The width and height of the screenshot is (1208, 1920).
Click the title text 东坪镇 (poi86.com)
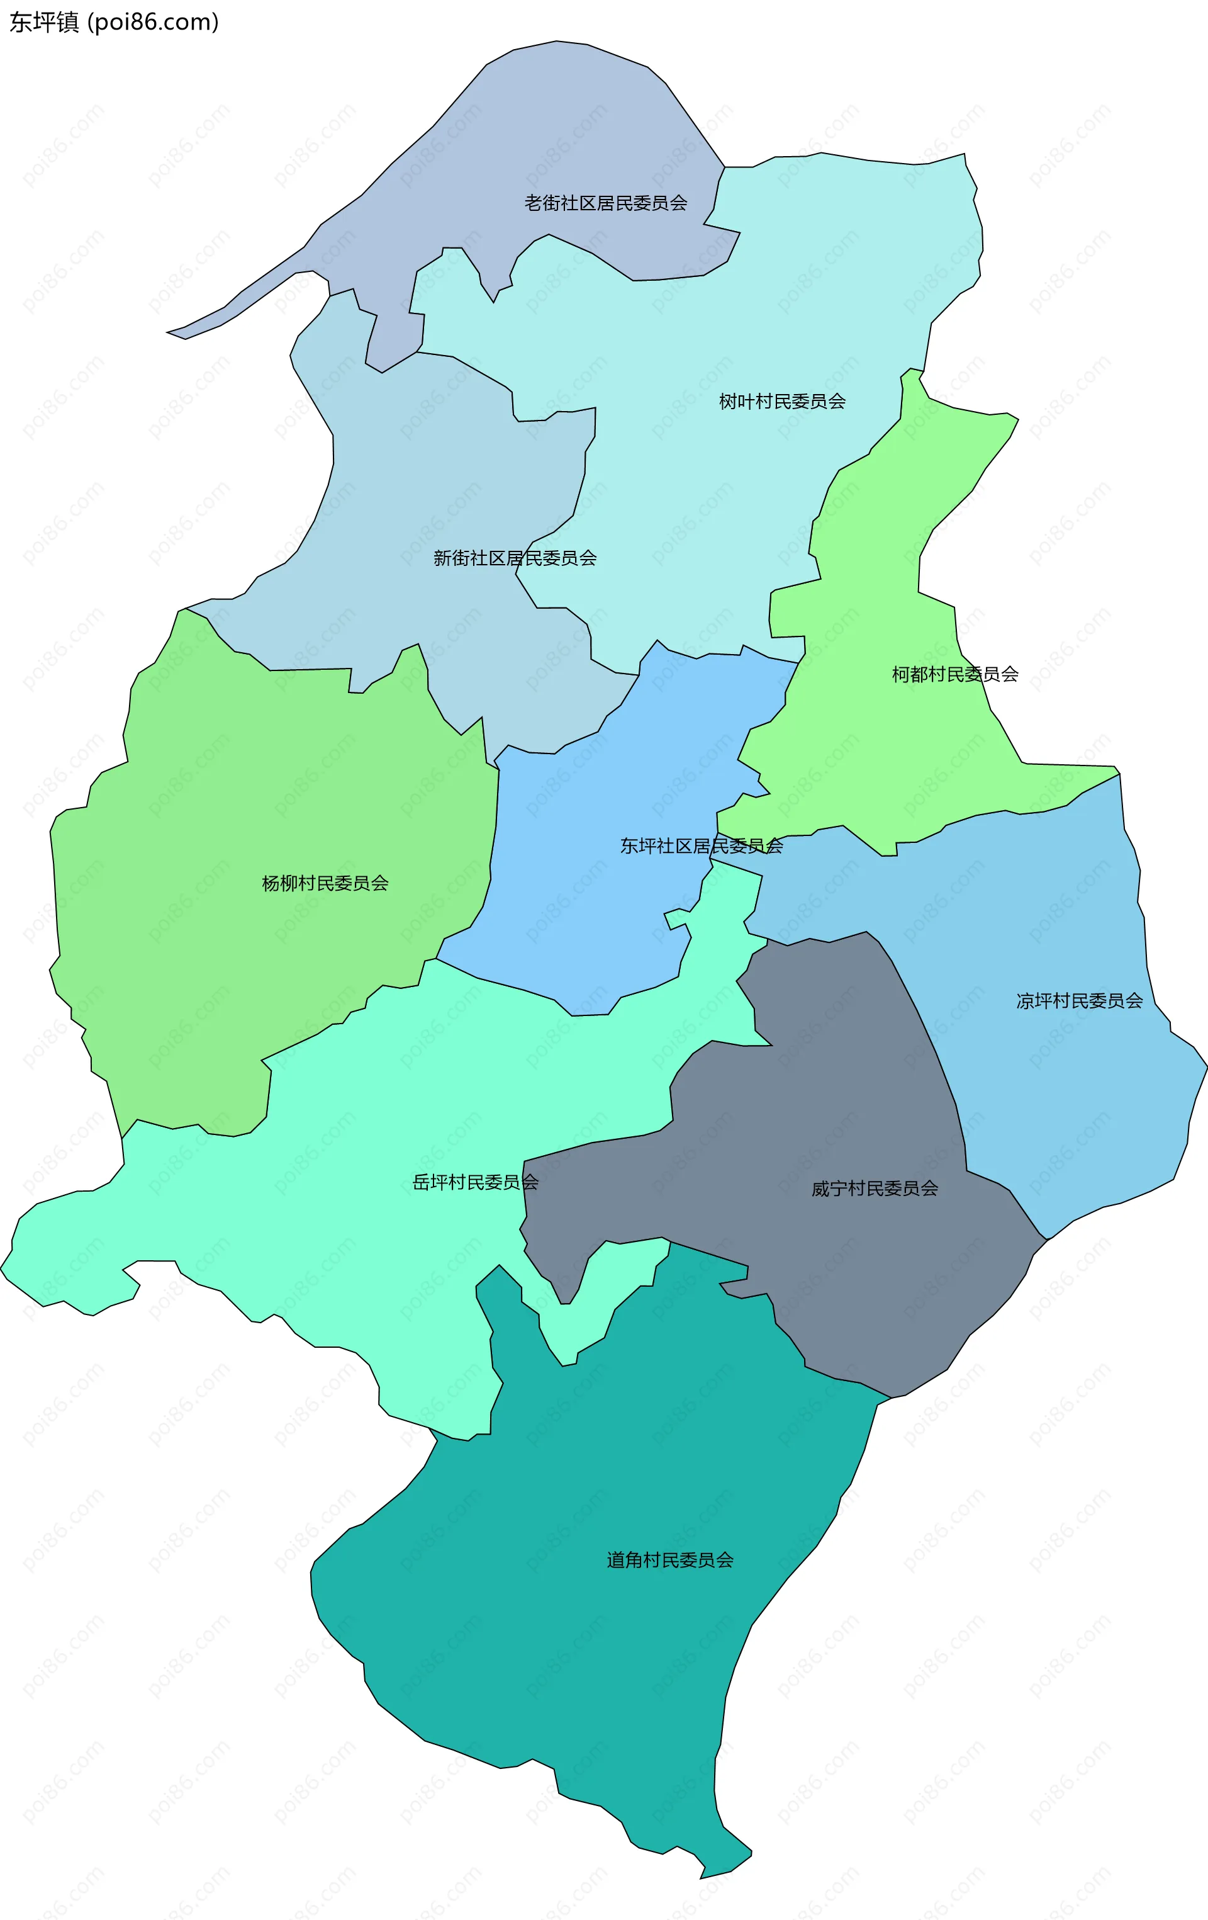click(114, 21)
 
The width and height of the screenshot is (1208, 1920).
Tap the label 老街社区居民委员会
click(606, 203)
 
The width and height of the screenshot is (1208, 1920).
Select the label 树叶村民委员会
click(781, 402)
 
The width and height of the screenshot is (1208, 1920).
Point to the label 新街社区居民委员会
click(515, 558)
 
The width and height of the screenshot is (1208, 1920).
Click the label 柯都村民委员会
click(954, 675)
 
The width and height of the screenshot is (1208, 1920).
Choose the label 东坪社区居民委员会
click(702, 846)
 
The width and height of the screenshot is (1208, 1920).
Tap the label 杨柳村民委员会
click(325, 883)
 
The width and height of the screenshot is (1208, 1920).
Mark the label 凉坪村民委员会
click(1079, 1001)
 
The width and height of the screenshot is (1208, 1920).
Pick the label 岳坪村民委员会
click(475, 1182)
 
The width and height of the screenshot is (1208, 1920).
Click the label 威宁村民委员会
click(874, 1189)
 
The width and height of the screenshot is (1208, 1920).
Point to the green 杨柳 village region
click(239, 798)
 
